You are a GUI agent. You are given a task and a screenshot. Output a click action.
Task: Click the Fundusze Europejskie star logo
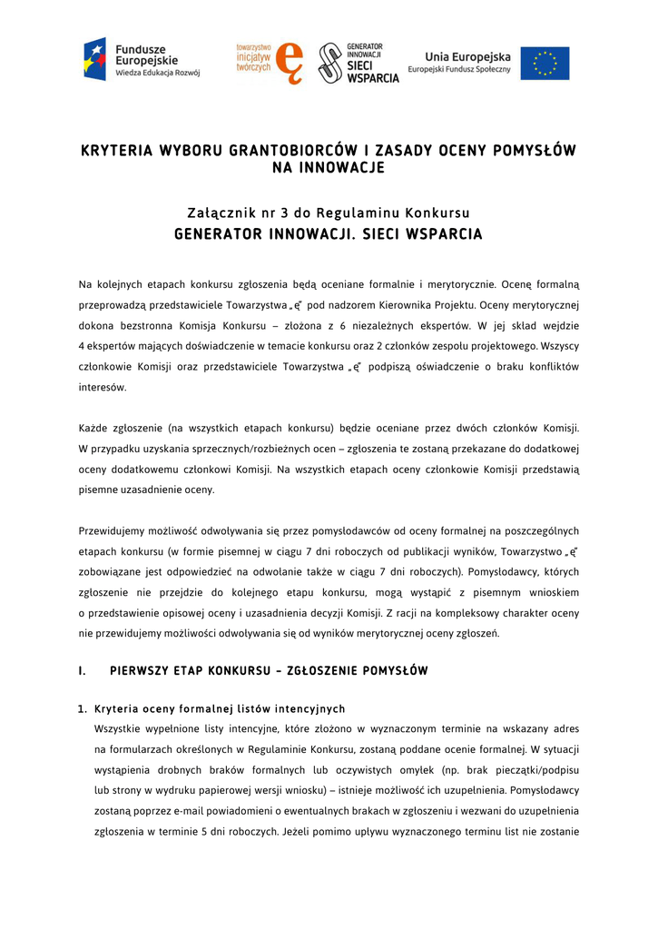point(95,60)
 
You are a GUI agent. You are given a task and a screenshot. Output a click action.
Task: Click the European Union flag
point(545,64)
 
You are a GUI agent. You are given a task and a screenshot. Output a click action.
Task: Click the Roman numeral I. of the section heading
point(83,672)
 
